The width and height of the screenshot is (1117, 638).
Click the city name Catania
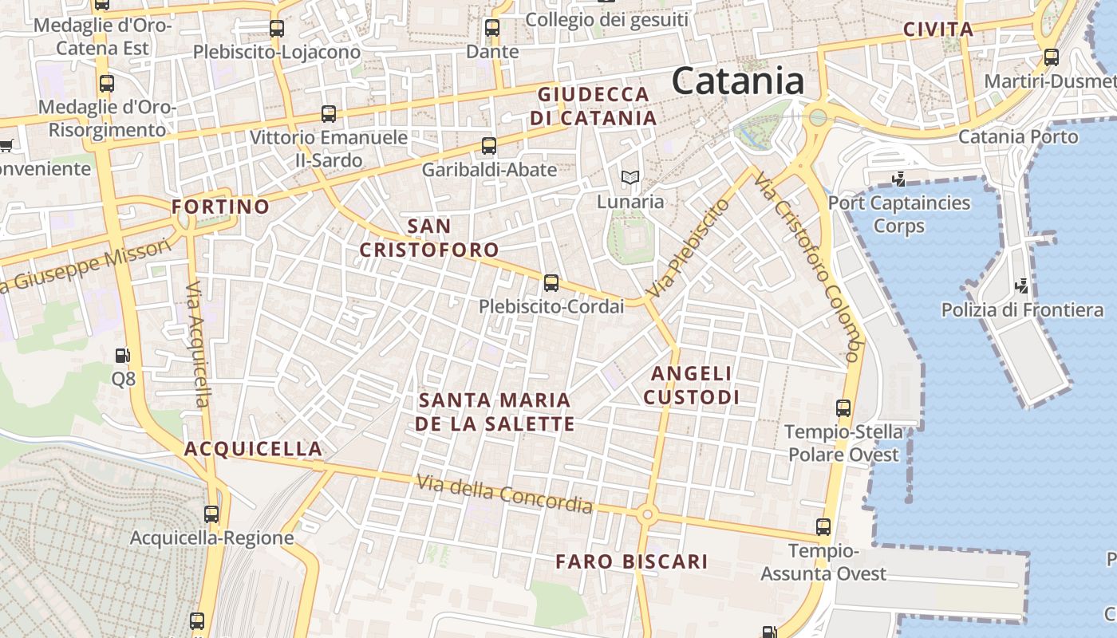pos(737,81)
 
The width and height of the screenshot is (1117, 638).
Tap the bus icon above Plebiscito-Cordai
pos(551,283)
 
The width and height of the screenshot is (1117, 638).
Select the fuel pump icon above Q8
pos(123,356)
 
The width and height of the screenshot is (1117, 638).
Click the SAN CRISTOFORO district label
pos(429,238)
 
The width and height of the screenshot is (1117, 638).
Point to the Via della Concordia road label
pos(504,494)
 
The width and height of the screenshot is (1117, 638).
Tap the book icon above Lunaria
pos(630,178)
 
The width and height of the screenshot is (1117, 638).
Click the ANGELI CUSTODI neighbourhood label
pos(691,384)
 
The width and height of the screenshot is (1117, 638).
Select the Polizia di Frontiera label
pos(1022,309)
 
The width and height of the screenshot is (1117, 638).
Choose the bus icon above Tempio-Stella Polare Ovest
pos(843,408)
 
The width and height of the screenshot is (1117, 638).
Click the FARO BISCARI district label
pos(632,561)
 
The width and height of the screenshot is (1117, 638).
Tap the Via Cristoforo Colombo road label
pos(807,266)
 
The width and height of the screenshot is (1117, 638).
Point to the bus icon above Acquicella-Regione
pos(211,514)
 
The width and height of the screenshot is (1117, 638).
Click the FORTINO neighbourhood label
pos(221,207)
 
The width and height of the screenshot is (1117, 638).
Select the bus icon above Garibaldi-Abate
pos(489,146)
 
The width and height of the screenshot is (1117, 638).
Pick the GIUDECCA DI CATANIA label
pos(593,106)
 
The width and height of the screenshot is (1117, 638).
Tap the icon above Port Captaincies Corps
pos(899,179)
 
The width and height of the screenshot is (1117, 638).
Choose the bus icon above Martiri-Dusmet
pos(1052,57)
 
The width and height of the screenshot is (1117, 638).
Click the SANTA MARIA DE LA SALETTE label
pos(495,412)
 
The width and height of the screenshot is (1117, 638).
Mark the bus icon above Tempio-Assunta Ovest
pos(823,527)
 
